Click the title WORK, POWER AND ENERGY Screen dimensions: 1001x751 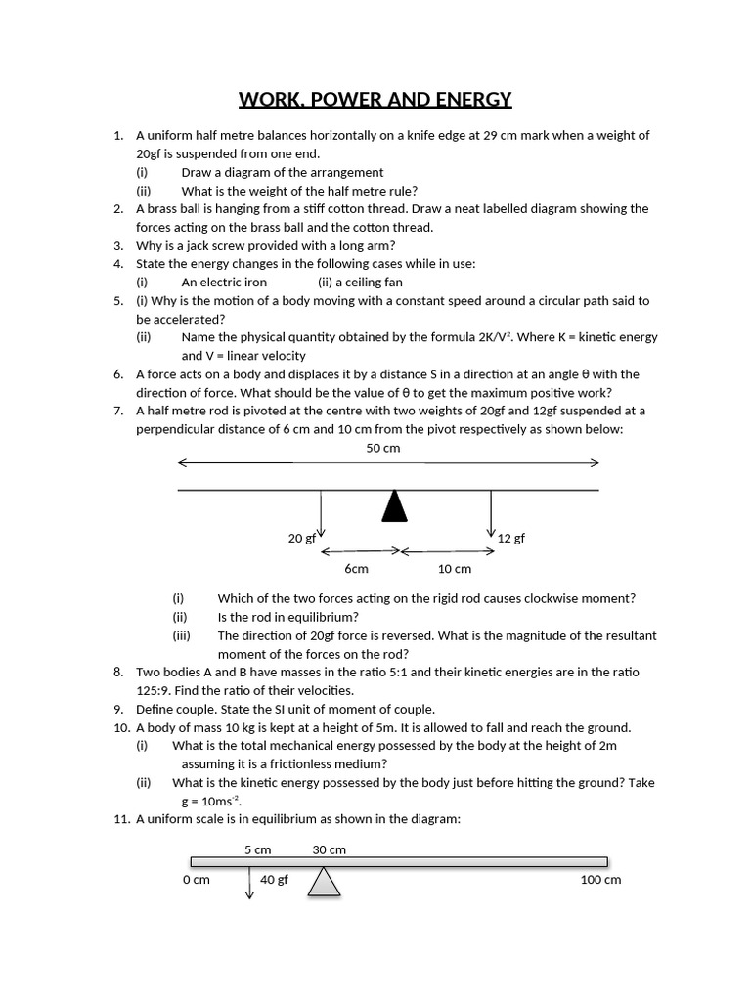[375, 99]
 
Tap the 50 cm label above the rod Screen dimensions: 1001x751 [383, 448]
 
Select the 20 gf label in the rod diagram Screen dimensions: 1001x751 [300, 538]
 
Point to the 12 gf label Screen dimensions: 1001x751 [511, 538]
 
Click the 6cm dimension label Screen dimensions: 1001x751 [356, 568]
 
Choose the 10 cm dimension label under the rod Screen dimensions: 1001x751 [455, 568]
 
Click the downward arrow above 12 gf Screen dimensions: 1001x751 [491, 513]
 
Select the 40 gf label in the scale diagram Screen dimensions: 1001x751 [274, 879]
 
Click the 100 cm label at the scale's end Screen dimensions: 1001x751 [600, 879]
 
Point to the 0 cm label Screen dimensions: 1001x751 [196, 879]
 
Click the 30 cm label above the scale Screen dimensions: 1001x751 [329, 849]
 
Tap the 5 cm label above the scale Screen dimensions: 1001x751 [258, 849]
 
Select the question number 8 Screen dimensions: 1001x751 [118, 672]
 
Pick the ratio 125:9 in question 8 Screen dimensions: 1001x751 [157, 690]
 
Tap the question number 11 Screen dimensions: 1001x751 [121, 819]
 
